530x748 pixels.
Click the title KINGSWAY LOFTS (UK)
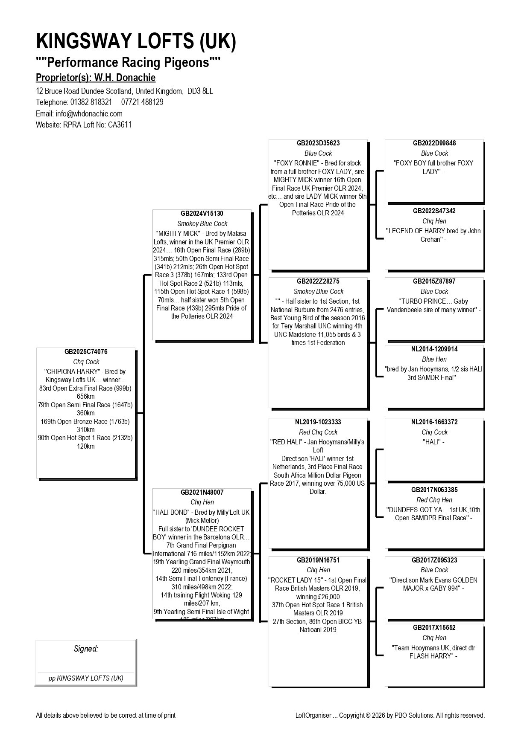click(x=136, y=41)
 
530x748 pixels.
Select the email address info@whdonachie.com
click(x=89, y=113)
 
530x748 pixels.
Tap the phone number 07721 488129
click(x=142, y=102)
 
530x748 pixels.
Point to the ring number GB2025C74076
click(x=86, y=352)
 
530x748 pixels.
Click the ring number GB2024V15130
click(x=202, y=214)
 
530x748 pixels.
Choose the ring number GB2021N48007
click(x=202, y=492)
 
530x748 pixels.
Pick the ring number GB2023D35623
click(x=318, y=143)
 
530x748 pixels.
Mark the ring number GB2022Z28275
click(x=318, y=281)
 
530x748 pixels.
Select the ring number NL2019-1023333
click(x=318, y=422)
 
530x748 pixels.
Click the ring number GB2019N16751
click(x=318, y=560)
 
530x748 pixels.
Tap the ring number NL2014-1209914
click(x=434, y=349)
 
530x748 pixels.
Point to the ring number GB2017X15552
click(x=434, y=628)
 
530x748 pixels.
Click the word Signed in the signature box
click(x=86, y=649)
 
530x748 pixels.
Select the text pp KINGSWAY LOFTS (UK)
click(x=86, y=678)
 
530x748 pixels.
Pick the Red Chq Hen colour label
click(x=434, y=500)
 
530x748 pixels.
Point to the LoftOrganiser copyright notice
click(x=390, y=716)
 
